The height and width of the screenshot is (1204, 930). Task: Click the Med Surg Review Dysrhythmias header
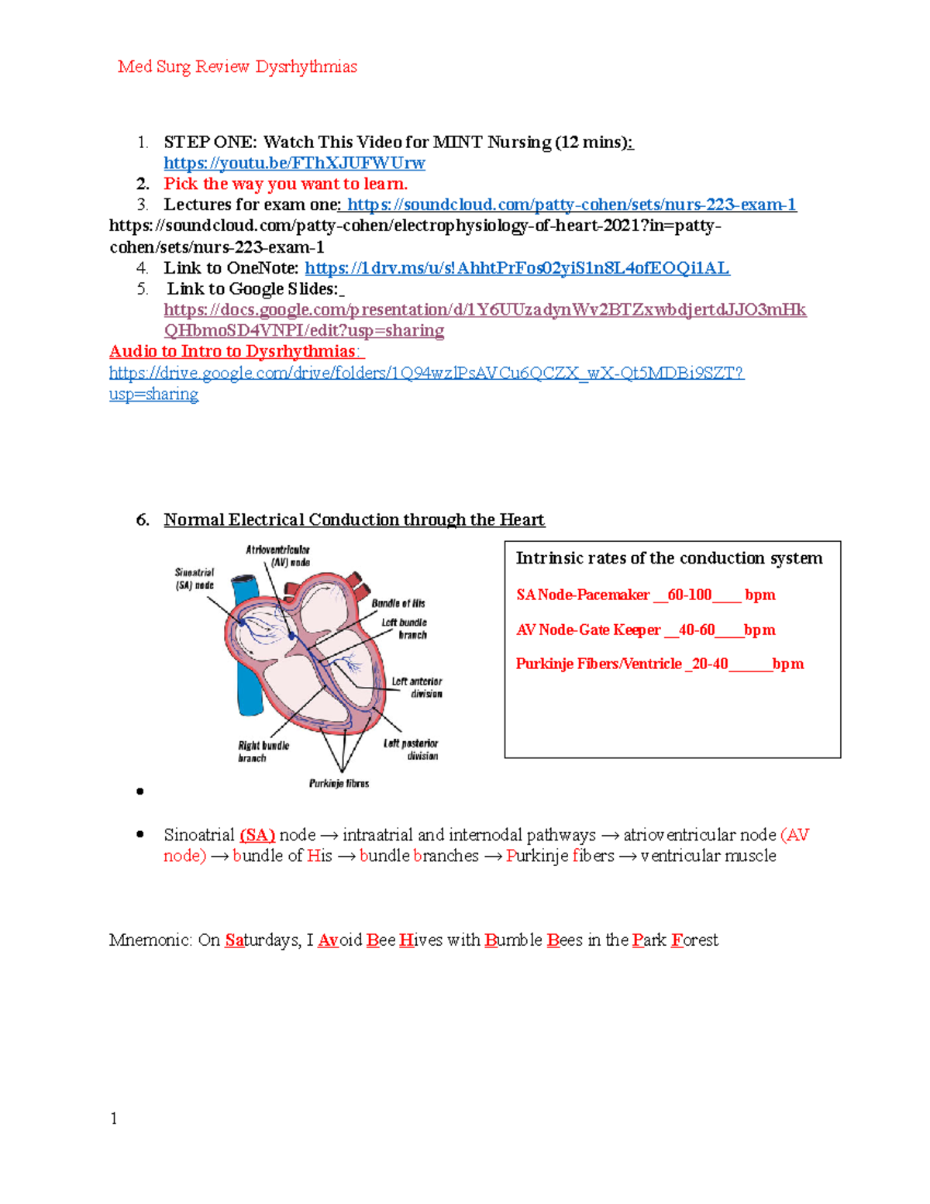click(x=237, y=67)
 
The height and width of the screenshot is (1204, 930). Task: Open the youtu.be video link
click(x=294, y=163)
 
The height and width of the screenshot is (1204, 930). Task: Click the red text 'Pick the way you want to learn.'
click(x=285, y=184)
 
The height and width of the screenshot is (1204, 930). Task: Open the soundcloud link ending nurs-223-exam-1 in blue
click(x=571, y=205)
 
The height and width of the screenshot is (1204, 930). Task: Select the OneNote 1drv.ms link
click(x=517, y=268)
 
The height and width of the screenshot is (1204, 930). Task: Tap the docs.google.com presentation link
click(x=484, y=310)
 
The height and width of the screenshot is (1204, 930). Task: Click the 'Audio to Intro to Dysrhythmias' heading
click(x=232, y=352)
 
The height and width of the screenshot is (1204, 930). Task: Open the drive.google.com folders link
click(x=426, y=373)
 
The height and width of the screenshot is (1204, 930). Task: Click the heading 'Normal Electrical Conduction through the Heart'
click(x=353, y=519)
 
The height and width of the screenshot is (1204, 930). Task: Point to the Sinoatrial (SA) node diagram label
click(x=194, y=579)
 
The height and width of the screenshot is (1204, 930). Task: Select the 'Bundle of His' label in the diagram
click(x=398, y=603)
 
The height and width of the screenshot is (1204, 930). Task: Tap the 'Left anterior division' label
click(x=417, y=687)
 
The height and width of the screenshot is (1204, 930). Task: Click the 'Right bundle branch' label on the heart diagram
click(x=263, y=751)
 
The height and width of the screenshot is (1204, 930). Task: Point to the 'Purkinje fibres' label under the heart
click(x=339, y=783)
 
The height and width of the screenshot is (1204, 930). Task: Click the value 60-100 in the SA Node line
click(x=689, y=595)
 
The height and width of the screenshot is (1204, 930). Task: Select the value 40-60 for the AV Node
click(x=696, y=630)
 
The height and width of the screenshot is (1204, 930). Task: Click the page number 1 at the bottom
click(x=114, y=1118)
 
